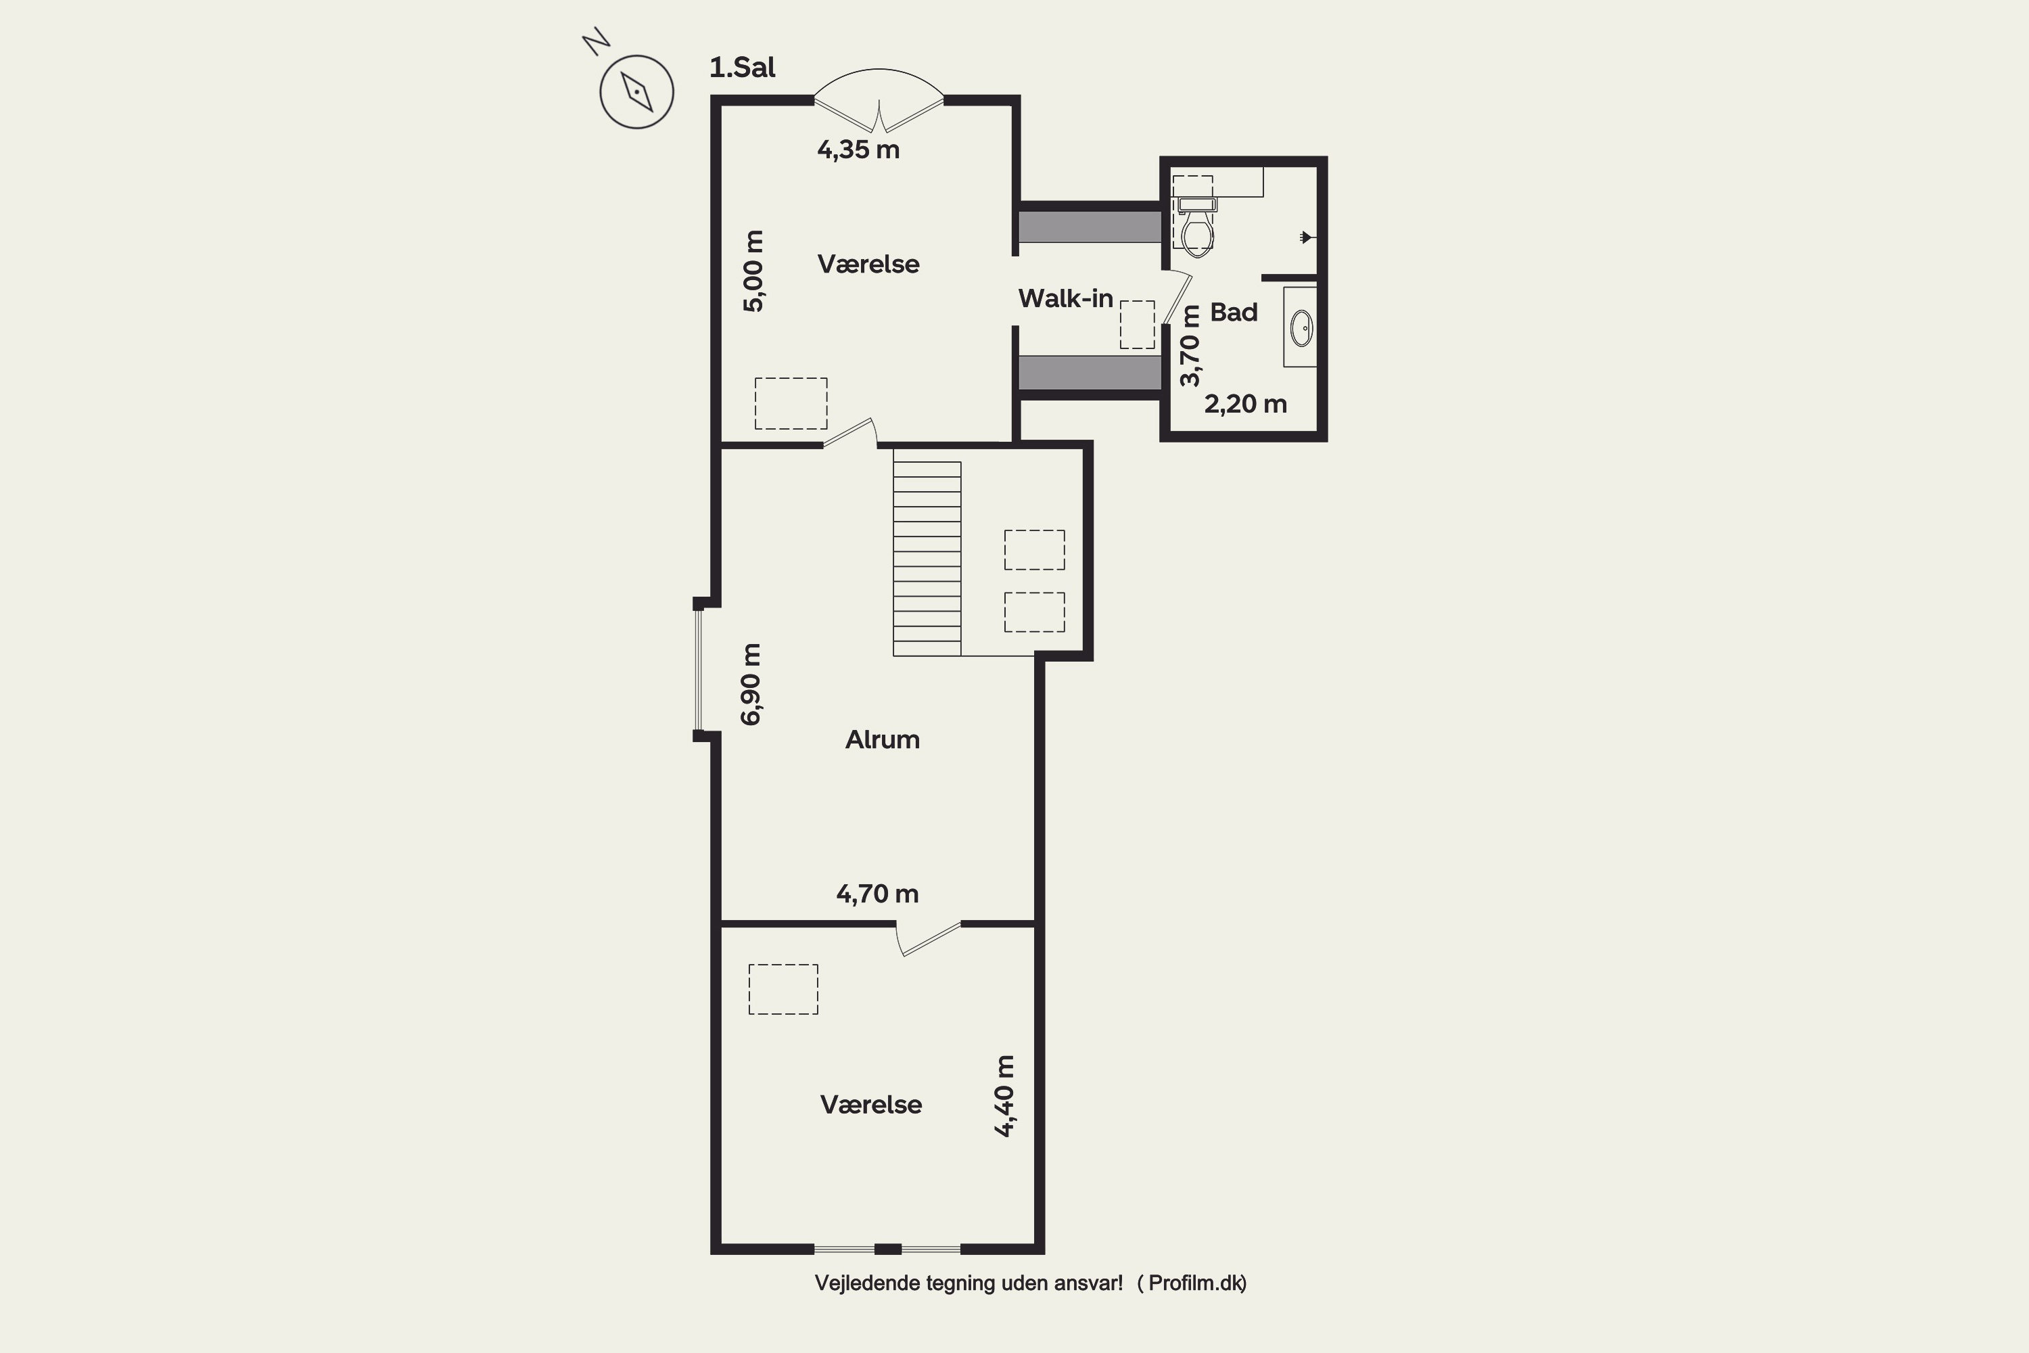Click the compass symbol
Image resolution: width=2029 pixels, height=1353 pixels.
636,91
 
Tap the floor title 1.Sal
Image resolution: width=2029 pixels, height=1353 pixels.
742,67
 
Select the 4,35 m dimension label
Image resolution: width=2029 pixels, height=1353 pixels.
858,150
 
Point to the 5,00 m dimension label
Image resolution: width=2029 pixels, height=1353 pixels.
753,271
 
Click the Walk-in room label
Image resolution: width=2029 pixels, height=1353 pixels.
1065,298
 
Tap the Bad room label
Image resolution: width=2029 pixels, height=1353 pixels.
1234,313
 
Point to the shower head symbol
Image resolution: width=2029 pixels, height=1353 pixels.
1306,236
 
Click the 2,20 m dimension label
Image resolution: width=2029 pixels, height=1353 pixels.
1246,404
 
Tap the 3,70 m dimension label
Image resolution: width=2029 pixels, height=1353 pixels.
1190,346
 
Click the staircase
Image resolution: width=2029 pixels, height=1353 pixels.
927,558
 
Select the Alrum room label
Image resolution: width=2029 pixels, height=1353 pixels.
883,739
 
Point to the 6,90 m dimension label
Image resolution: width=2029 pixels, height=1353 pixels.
751,684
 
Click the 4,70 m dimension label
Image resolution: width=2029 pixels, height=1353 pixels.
877,893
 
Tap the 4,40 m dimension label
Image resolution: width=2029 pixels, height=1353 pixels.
1004,1096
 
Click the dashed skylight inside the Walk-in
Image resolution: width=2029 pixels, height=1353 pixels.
1137,325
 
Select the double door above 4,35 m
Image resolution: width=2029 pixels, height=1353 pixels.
879,100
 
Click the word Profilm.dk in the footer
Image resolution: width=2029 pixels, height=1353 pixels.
1196,1283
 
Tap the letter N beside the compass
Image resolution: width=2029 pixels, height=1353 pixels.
596,41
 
